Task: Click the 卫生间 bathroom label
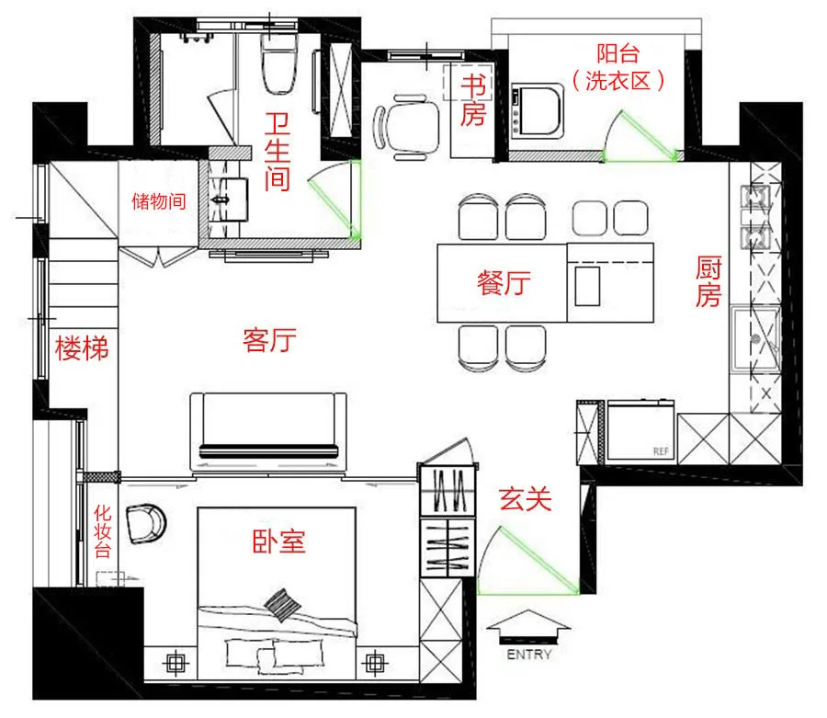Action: point(278,152)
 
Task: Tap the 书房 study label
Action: point(472,100)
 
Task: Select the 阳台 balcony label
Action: point(617,53)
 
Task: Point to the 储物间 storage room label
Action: point(158,201)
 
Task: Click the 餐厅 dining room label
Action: point(504,282)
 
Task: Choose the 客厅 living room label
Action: point(269,340)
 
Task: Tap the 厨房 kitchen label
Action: point(708,281)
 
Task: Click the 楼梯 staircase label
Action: point(82,348)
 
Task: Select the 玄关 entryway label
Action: point(526,498)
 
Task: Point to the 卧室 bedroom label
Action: point(278,541)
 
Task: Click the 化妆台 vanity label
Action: point(102,530)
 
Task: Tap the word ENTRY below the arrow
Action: point(529,655)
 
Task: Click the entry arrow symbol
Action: point(528,627)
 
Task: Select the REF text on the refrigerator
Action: point(661,451)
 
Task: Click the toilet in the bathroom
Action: point(279,64)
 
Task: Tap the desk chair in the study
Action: point(407,127)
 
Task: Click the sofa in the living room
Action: point(268,431)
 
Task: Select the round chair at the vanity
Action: point(146,523)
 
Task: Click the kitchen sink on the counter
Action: point(755,338)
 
